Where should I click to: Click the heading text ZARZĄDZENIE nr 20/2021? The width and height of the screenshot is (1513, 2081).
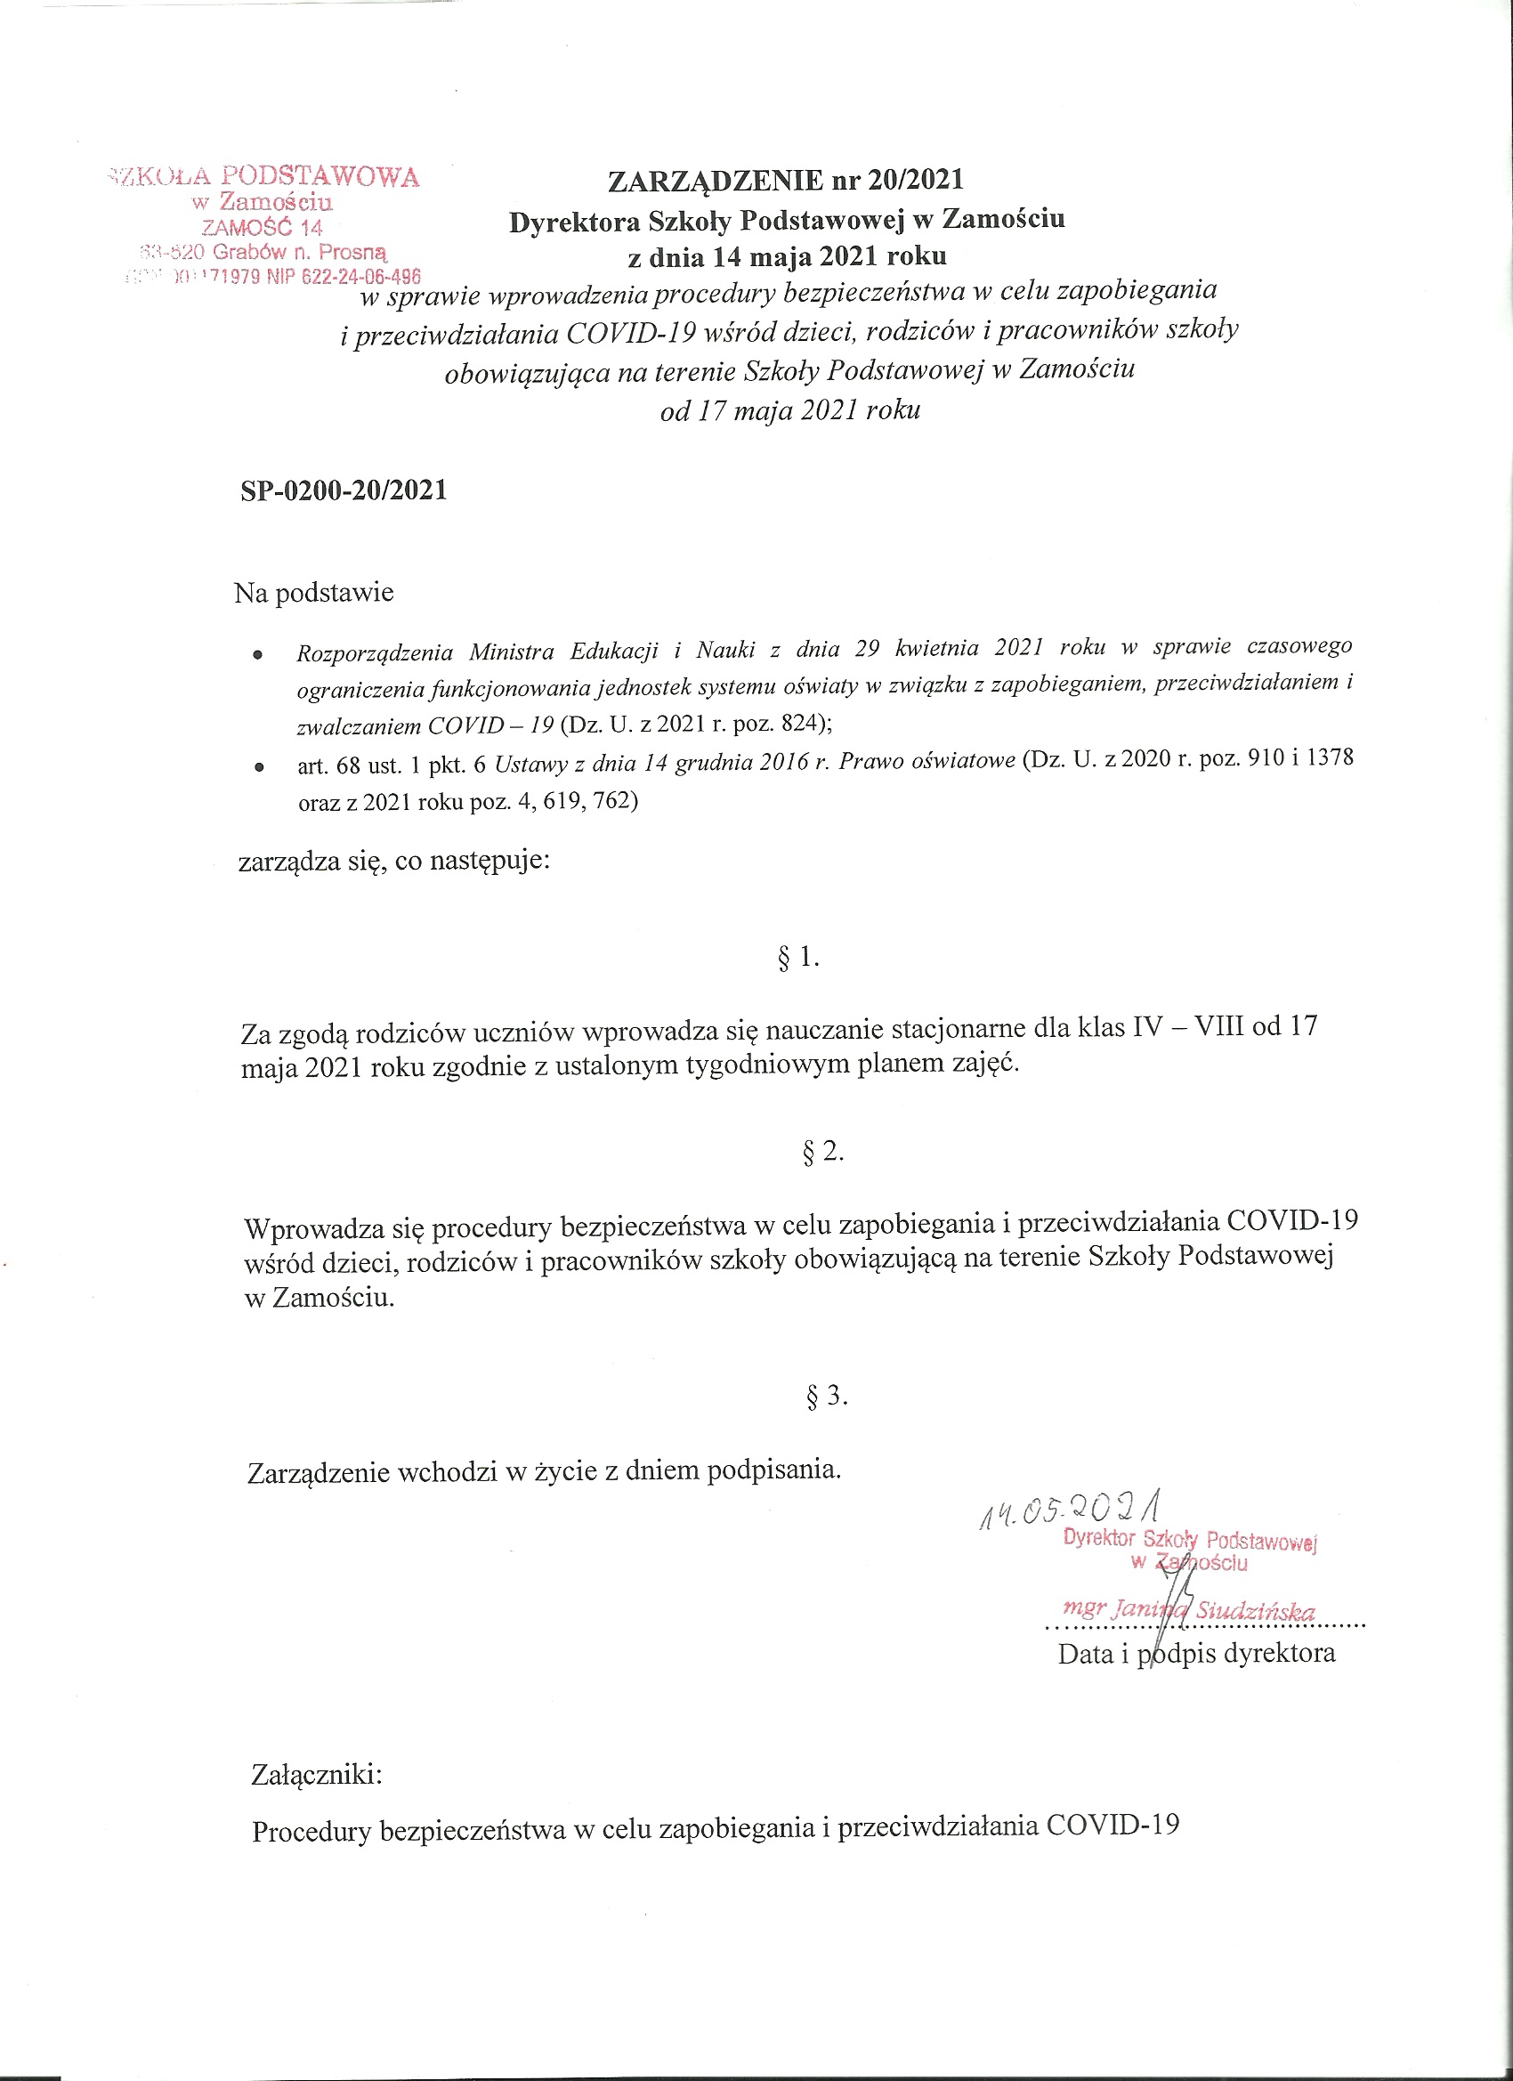click(785, 180)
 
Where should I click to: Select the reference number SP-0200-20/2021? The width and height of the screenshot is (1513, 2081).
click(344, 491)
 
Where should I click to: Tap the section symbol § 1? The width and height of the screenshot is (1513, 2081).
click(797, 959)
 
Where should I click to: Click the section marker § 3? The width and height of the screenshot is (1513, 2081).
click(826, 1397)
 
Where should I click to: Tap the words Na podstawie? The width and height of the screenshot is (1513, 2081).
click(314, 593)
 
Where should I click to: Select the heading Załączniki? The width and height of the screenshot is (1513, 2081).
click(317, 1775)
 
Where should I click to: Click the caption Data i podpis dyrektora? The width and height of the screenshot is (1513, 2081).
click(1196, 1654)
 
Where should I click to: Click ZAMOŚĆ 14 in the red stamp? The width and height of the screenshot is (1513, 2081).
click(263, 228)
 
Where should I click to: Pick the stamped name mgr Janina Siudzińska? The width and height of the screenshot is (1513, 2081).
click(1188, 1609)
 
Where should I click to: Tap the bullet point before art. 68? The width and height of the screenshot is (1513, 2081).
click(259, 765)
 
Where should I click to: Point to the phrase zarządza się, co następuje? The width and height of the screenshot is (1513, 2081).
click(394, 862)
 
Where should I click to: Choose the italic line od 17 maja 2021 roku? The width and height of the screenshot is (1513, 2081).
click(790, 410)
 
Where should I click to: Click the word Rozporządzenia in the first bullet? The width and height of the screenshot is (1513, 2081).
click(376, 653)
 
